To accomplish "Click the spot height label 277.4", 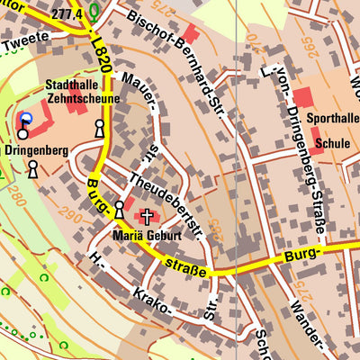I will [67, 14].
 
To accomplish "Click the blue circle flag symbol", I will [25, 119].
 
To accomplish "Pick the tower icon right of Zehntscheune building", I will [99, 130].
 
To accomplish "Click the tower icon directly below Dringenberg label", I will [32, 168].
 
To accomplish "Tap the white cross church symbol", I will [147, 217].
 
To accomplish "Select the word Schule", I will [332, 142].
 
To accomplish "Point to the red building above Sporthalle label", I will [303, 98].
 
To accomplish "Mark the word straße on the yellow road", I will [187, 267].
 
